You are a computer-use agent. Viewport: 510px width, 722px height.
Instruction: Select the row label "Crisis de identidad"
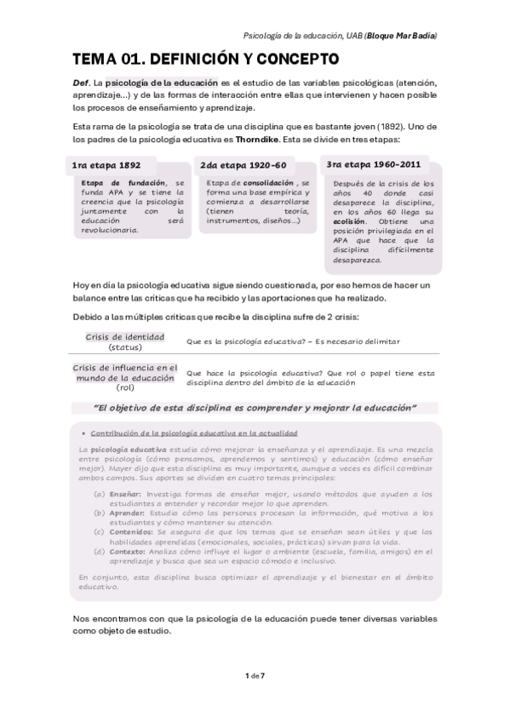tap(124, 336)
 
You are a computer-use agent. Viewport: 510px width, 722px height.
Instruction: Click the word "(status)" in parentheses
tap(124, 347)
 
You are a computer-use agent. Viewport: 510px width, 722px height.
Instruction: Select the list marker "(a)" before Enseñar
tap(100, 493)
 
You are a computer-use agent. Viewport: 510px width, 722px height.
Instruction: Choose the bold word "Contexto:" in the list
tap(129, 552)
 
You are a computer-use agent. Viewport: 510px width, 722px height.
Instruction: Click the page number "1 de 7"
tap(255, 675)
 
